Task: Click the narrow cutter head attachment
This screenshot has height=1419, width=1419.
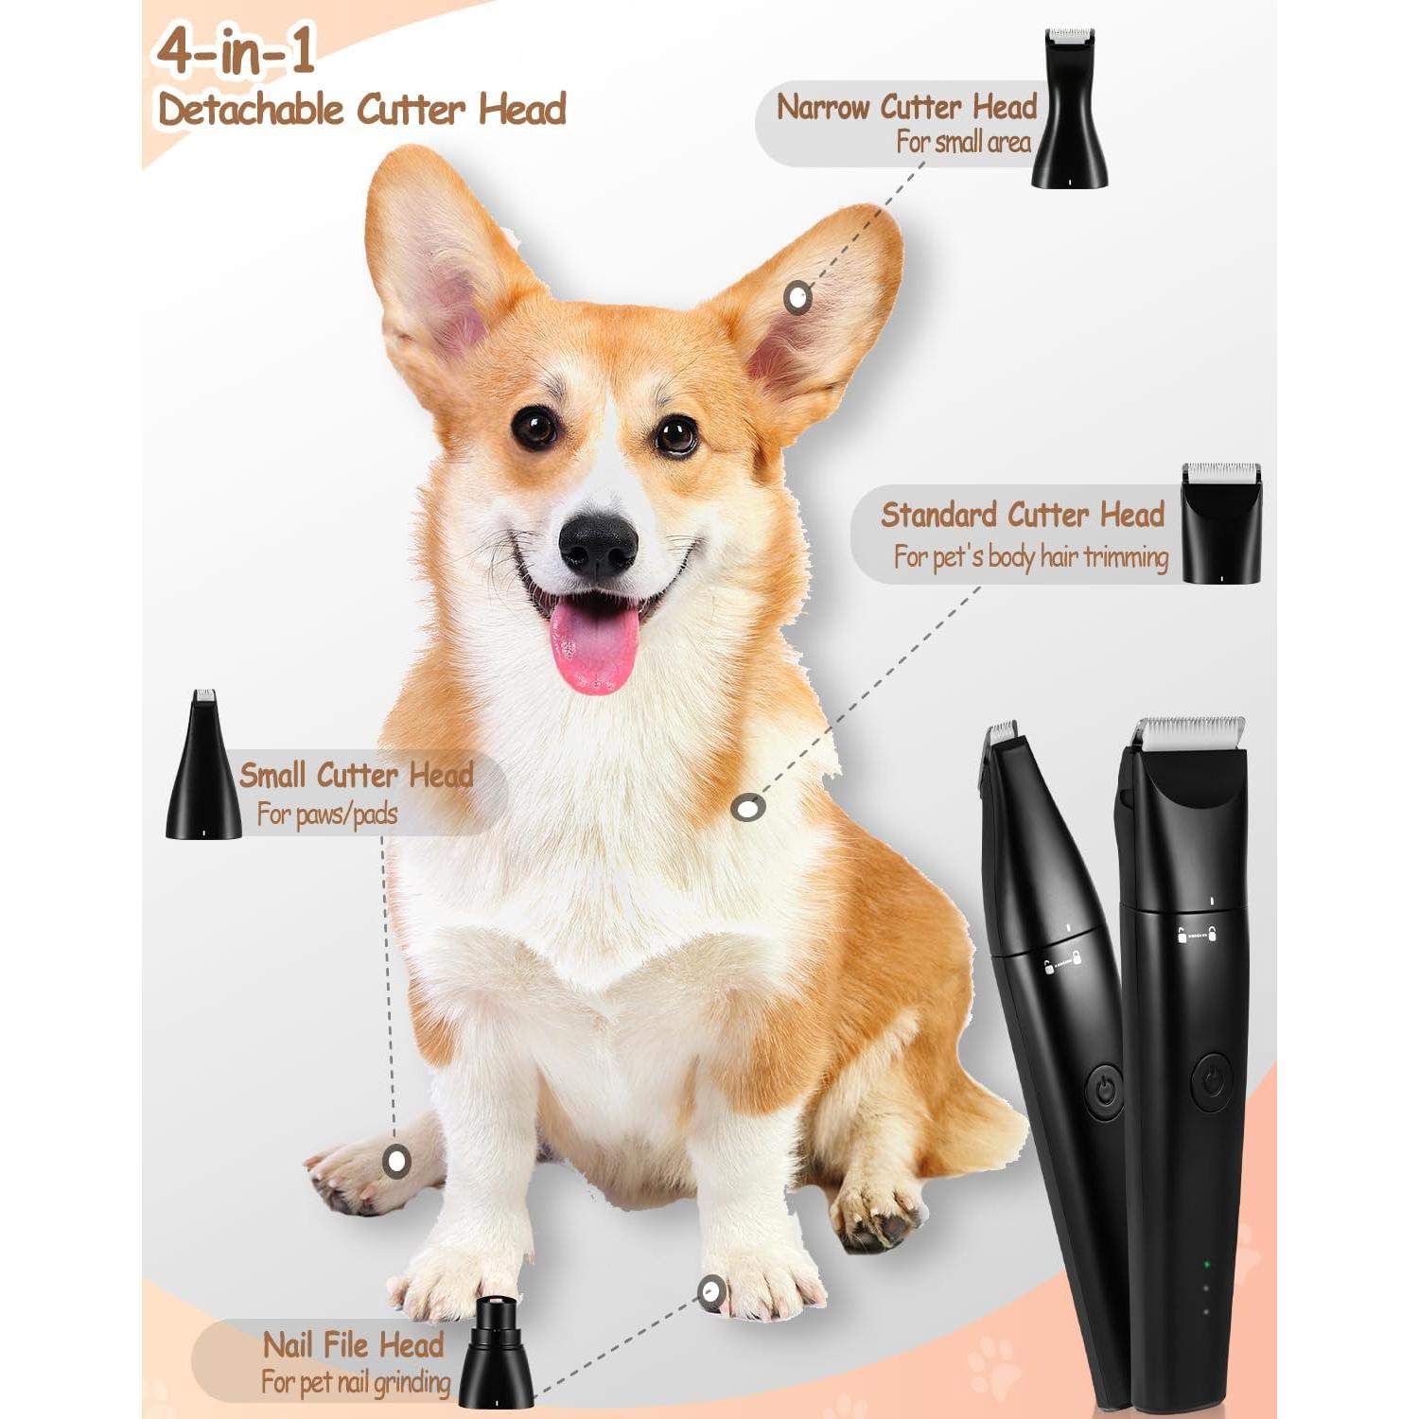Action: pyautogui.click(x=1070, y=109)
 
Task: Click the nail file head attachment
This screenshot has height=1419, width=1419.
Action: pyautogui.click(x=495, y=1354)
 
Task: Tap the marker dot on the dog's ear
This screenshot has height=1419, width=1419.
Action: pyautogui.click(x=798, y=298)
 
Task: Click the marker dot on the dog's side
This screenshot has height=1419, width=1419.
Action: pyautogui.click(x=749, y=808)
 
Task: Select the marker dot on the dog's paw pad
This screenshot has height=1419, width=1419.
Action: pyautogui.click(x=396, y=1160)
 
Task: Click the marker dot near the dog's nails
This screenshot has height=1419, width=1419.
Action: pyautogui.click(x=711, y=1290)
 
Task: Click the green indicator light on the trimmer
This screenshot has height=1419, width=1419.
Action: pyautogui.click(x=1207, y=1264)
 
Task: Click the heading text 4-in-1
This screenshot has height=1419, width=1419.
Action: pyautogui.click(x=236, y=52)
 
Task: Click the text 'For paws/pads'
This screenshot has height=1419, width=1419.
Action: pyautogui.click(x=327, y=814)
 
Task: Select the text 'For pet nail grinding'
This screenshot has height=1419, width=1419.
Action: pyautogui.click(x=356, y=1382)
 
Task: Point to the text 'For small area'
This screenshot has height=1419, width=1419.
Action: pyautogui.click(x=963, y=143)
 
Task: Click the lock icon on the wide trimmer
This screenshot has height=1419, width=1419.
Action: pyautogui.click(x=1182, y=936)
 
